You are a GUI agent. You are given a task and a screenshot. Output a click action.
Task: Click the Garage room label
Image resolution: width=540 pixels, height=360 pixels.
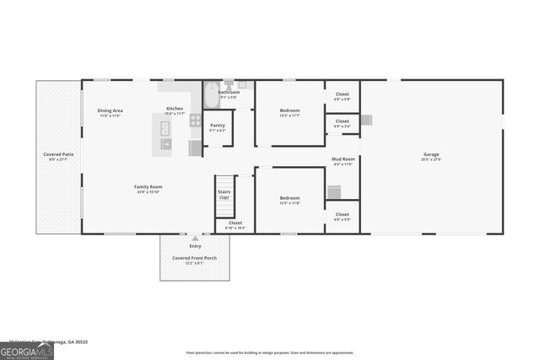click(431, 154)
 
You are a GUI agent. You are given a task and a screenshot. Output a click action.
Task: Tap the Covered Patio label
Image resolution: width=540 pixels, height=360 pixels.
click(59, 155)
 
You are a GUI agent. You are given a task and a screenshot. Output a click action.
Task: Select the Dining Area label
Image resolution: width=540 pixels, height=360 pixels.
click(111, 110)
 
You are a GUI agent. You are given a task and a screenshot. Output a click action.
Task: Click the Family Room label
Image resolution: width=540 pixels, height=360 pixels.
click(148, 187)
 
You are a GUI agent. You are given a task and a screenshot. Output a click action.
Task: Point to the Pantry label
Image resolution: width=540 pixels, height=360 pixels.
click(217, 126)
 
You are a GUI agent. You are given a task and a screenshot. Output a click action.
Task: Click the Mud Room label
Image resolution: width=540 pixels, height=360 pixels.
click(343, 159)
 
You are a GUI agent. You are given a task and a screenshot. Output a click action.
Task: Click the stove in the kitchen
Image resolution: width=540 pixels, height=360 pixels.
click(196, 120)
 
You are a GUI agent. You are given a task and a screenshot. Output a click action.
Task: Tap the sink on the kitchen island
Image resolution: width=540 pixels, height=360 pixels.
click(165, 128)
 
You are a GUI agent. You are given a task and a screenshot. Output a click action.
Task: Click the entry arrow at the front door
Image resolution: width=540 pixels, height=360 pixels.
click(195, 239)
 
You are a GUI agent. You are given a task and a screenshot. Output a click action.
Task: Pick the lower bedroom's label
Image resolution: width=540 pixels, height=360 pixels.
click(289, 200)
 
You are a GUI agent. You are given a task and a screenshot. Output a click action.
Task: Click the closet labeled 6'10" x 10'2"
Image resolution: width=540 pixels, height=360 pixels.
click(235, 223)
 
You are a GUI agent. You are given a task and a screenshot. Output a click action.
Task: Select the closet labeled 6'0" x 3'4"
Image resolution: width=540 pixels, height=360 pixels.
click(342, 122)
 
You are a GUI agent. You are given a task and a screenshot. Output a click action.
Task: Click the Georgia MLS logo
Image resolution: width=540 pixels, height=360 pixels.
click(27, 348)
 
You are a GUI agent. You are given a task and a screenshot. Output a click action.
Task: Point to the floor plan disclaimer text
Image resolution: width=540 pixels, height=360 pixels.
click(270, 352)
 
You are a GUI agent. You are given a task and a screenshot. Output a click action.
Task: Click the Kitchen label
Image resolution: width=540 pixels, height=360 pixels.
click(175, 109)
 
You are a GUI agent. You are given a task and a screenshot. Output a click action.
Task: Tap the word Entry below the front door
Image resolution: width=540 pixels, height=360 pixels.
click(195, 245)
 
